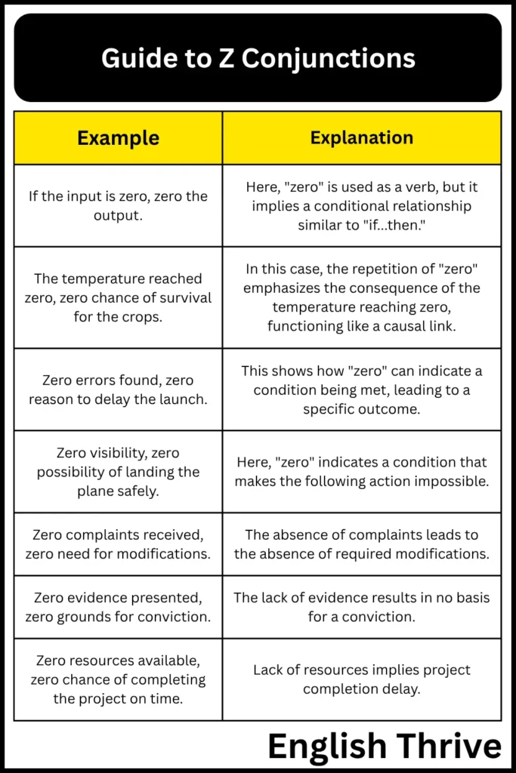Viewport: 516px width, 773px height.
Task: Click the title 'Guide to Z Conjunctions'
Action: (x=258, y=58)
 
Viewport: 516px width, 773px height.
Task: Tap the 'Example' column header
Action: (x=119, y=138)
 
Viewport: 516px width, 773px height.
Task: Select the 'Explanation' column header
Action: (x=362, y=138)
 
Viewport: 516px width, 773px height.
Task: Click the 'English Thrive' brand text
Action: (x=384, y=747)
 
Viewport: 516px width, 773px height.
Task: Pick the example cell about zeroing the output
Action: (x=119, y=205)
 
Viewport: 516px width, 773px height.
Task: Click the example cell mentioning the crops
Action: (x=119, y=297)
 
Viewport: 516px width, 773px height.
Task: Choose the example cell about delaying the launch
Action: (x=119, y=390)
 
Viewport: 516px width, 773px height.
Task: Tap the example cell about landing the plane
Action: (x=119, y=472)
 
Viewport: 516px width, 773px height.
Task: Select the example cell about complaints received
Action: (x=119, y=544)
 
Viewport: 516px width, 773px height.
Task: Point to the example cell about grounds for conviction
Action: (x=119, y=607)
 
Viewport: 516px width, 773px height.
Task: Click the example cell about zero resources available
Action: (x=119, y=679)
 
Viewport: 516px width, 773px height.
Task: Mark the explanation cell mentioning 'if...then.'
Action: (x=362, y=205)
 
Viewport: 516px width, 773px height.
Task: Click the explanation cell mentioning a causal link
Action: (x=362, y=297)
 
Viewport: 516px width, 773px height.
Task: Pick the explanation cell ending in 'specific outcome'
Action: (x=362, y=390)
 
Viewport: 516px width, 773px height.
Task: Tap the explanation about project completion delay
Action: (x=362, y=679)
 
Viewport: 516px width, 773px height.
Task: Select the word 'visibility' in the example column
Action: (x=113, y=453)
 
